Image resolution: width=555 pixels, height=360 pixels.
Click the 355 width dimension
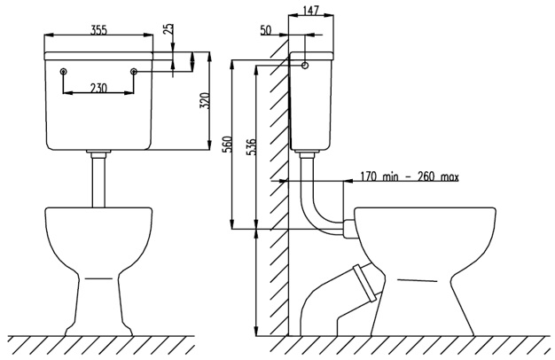pos(100,29)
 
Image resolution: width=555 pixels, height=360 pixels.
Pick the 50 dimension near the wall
pos(267,32)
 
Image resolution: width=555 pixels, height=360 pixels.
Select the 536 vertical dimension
pos(251,146)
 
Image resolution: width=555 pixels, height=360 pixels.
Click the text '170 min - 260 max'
pos(409,176)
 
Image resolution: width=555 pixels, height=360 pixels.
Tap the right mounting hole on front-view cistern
pos(133,71)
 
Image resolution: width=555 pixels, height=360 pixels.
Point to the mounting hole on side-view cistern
pos(305,65)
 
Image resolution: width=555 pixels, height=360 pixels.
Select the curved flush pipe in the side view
pos(313,204)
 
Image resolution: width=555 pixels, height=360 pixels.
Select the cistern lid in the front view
pos(98,56)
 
